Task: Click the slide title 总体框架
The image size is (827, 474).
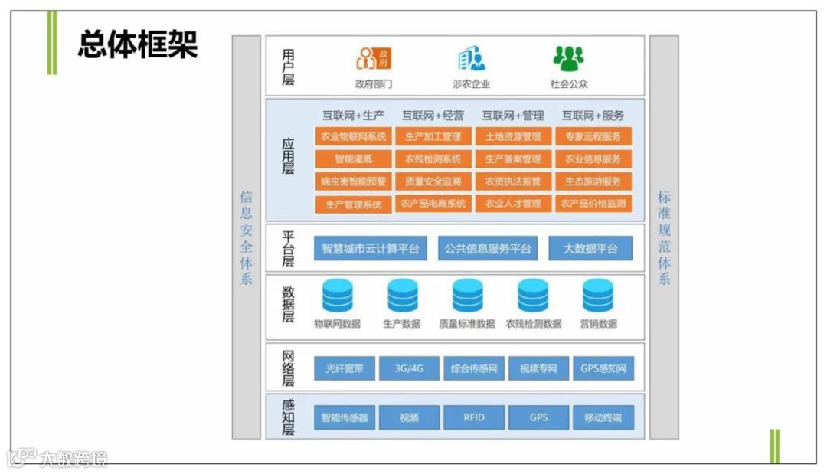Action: pos(138,45)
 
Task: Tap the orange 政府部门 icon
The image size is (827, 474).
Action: pos(373,58)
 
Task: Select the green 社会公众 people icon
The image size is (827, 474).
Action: pos(568,58)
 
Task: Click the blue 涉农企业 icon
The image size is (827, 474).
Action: pos(471,58)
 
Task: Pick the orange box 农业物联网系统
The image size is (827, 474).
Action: pos(353,137)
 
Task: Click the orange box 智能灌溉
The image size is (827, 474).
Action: pos(353,159)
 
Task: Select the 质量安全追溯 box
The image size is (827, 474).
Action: pos(433,181)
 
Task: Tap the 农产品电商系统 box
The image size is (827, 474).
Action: pos(433,204)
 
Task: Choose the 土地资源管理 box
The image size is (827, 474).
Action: pos(513,137)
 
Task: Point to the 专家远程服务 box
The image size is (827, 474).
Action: pos(593,137)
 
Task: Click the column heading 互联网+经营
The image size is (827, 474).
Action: pos(433,116)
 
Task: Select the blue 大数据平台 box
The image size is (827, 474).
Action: pos(590,248)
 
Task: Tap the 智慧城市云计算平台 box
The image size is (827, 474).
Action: pos(371,248)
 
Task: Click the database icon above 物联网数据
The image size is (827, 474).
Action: pos(338,296)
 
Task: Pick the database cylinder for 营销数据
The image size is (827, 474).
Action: pos(598,296)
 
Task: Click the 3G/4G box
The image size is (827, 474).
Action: pos(409,368)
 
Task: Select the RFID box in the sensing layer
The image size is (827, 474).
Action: pos(474,417)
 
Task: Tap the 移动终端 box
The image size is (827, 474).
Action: pos(603,417)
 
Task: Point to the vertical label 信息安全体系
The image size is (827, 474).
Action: pos(247,237)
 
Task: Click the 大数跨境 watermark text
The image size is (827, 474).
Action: pos(74,459)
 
